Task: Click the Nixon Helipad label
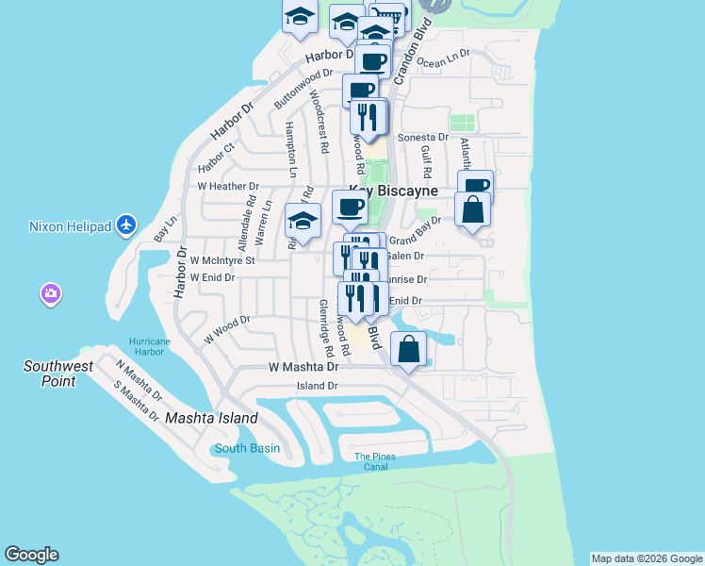71,226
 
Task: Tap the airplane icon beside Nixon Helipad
128,225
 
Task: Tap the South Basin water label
247,448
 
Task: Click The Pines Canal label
375,461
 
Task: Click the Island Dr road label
317,386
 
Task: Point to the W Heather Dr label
227,187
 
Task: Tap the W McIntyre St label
222,259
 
